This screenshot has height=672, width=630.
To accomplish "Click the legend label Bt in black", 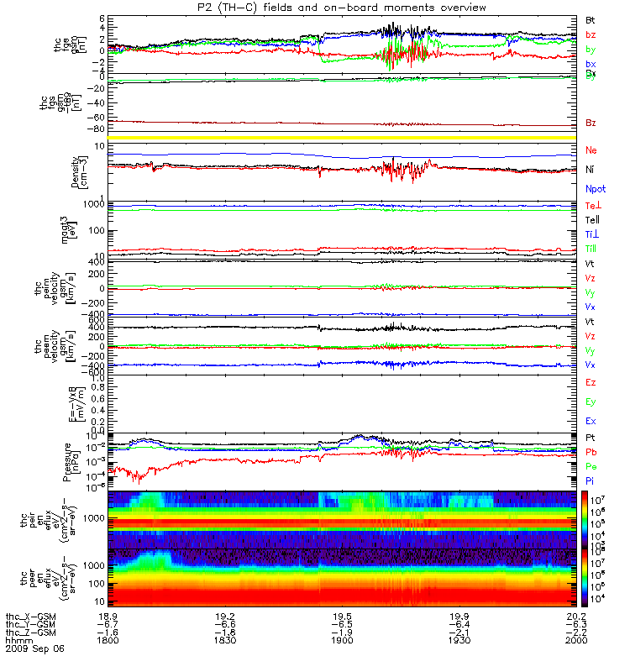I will click(x=591, y=19).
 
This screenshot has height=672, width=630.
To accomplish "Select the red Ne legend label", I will click(x=591, y=150).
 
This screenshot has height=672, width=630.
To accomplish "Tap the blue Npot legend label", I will click(x=596, y=191).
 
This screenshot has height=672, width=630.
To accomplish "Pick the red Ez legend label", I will click(x=591, y=382).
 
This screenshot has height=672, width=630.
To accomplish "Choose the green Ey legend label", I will click(x=591, y=402).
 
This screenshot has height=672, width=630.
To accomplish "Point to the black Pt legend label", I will click(x=591, y=438).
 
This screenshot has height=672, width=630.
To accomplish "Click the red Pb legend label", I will click(x=591, y=452).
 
